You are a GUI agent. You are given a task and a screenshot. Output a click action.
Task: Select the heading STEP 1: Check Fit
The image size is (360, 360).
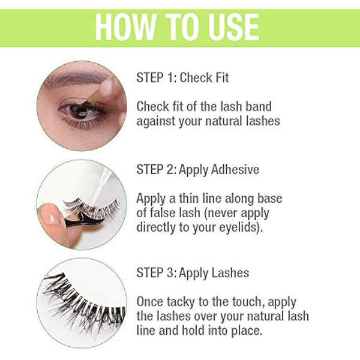click(182, 77)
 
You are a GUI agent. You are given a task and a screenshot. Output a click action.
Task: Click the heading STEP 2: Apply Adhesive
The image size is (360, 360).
click(198, 169)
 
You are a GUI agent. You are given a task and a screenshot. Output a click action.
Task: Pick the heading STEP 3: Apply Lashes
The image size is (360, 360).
click(193, 273)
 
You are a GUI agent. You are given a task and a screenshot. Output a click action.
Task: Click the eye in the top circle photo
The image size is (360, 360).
click(80, 111)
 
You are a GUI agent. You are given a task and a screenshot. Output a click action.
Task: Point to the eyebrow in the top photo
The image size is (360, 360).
click(75, 79)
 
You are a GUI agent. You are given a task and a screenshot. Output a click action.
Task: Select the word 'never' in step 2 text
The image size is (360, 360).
click(221, 213)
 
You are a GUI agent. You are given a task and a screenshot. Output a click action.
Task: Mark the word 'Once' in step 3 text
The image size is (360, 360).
click(150, 302)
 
